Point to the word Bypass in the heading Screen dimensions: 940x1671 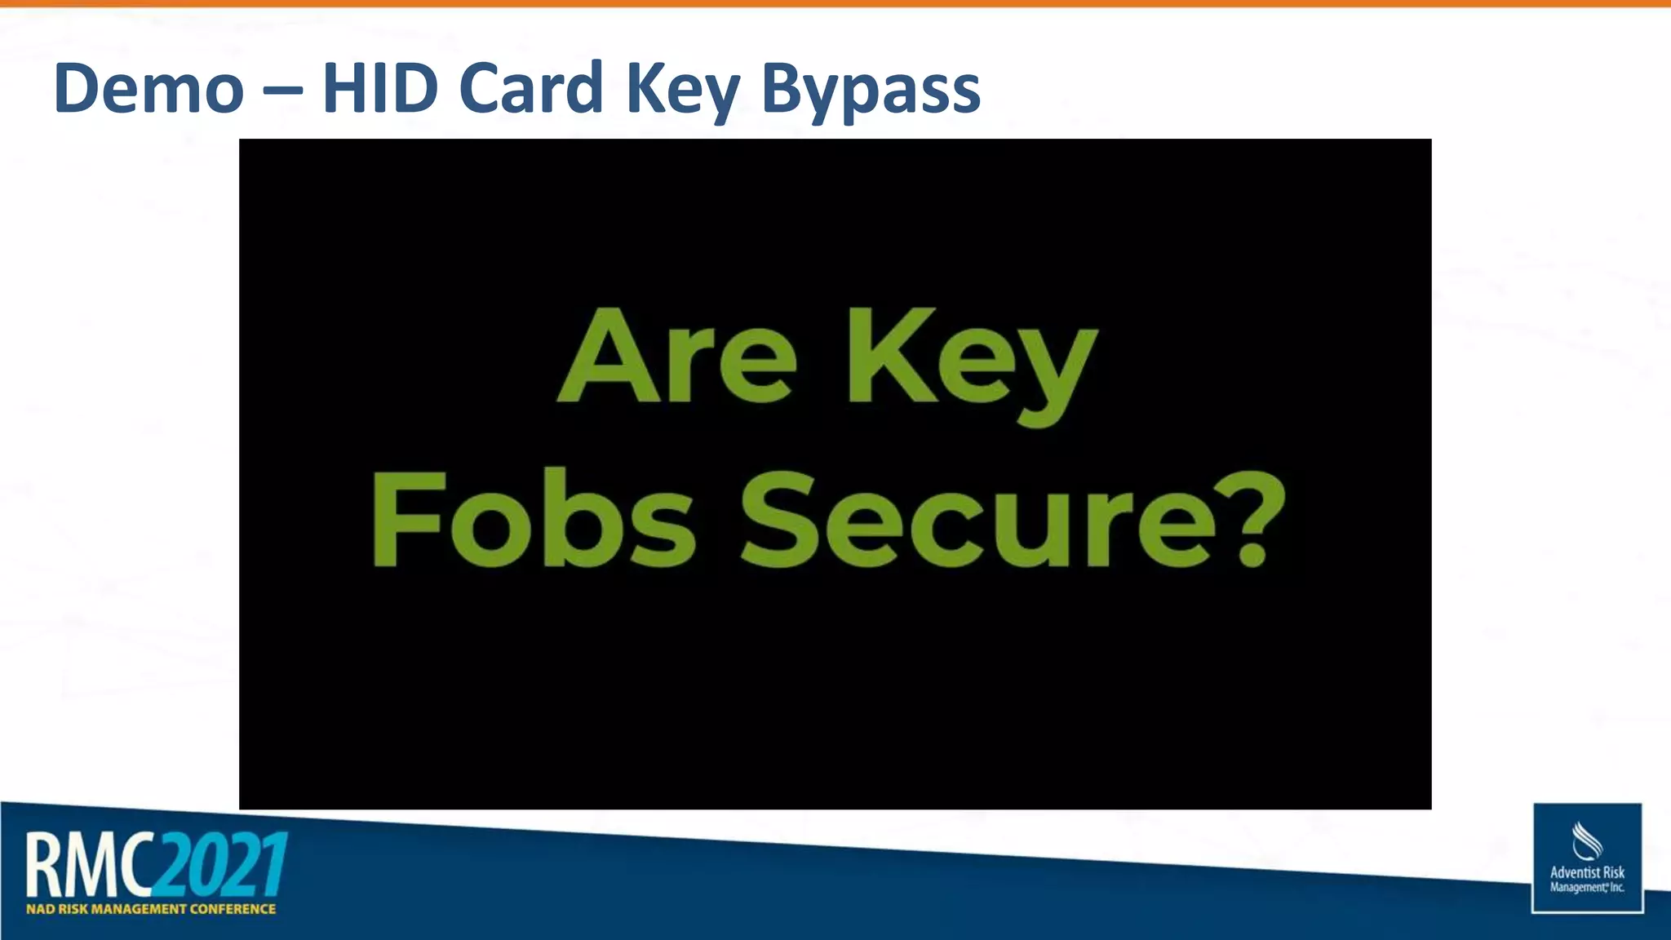coord(871,91)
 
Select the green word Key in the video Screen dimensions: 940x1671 coord(971,363)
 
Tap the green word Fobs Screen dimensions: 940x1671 coord(534,519)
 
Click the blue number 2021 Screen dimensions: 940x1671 coord(223,863)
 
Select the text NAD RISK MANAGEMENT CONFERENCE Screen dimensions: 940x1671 coord(151,909)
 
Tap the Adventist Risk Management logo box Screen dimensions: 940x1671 coord(1587,858)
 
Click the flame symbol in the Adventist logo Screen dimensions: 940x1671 coord(1586,840)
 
